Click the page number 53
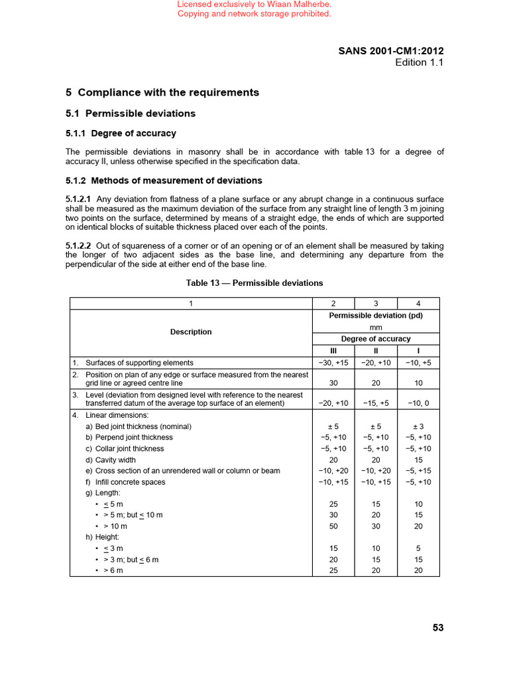coord(437,628)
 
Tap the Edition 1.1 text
coord(419,62)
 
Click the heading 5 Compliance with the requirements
coord(162,92)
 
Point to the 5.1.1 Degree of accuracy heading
coord(121,133)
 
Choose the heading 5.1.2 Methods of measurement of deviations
coord(164,180)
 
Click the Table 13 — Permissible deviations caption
coord(254,283)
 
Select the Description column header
coord(191,332)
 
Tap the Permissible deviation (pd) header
coord(376,316)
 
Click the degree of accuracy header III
coord(334,351)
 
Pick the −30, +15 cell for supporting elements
coord(334,363)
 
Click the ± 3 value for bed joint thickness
coord(418,426)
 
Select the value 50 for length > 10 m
coord(334,526)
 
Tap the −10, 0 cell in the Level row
coord(418,403)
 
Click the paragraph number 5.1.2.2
coord(80,246)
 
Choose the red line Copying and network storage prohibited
coord(254,14)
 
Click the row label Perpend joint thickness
coord(129,437)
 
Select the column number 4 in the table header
coord(418,304)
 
